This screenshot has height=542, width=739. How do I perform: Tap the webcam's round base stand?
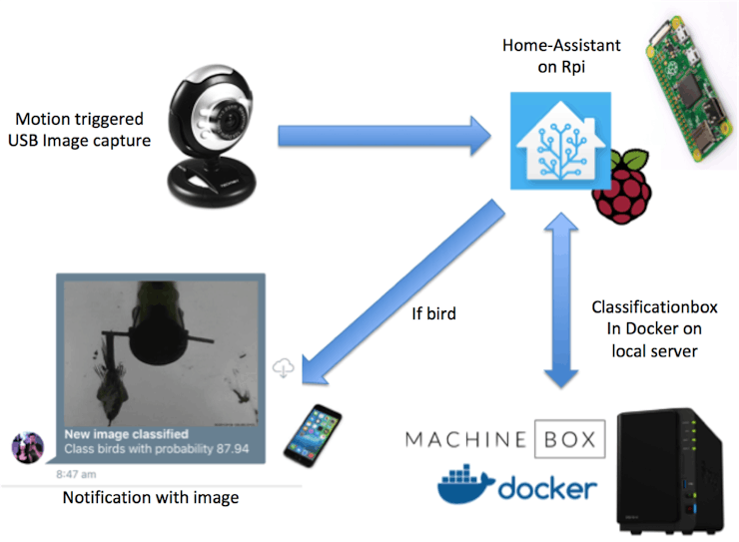tap(212, 183)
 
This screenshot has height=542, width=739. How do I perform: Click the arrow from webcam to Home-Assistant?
tap(384, 136)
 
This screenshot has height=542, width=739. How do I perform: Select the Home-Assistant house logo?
tap(561, 141)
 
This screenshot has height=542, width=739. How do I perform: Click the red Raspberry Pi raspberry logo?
tap(621, 187)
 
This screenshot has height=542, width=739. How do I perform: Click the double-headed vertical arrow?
tap(561, 300)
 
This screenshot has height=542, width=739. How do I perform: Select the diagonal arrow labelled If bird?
tap(403, 291)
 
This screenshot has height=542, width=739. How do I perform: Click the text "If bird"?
tap(433, 313)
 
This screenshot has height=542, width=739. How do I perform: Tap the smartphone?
tap(313, 435)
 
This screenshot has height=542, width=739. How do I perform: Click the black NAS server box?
tap(670, 471)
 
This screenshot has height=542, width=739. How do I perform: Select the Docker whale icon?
tap(465, 485)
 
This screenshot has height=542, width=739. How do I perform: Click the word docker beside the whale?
tap(547, 488)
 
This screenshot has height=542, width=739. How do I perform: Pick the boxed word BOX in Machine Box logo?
tap(570, 439)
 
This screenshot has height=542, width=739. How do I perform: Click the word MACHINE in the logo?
tap(465, 439)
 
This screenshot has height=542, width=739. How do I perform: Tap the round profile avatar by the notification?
tap(28, 447)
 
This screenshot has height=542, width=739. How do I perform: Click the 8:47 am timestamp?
tap(76, 474)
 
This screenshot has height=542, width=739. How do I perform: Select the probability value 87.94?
tap(233, 449)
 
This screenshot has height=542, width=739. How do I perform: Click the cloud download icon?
tap(284, 367)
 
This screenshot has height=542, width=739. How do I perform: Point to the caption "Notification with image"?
tap(151, 498)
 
